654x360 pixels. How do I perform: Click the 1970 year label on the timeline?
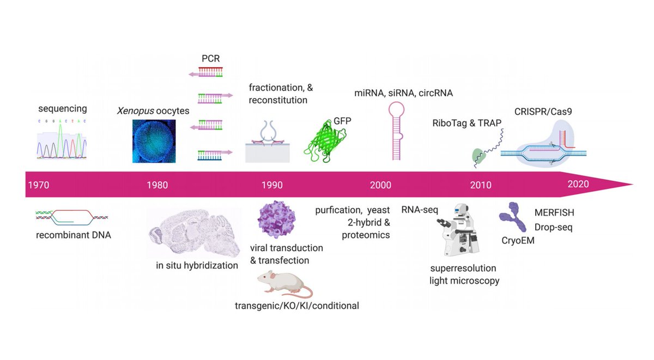pyautogui.click(x=38, y=185)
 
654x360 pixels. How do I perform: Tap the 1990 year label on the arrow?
pyautogui.click(x=272, y=185)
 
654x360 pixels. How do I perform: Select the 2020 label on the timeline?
pyautogui.click(x=578, y=184)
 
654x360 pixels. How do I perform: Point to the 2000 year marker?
pyautogui.click(x=380, y=185)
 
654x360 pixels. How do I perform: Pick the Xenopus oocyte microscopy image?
pyautogui.click(x=154, y=141)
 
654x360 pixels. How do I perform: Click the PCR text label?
pyautogui.click(x=210, y=58)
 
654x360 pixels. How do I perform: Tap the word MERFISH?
pyautogui.click(x=554, y=212)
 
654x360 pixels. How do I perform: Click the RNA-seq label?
pyautogui.click(x=420, y=210)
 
